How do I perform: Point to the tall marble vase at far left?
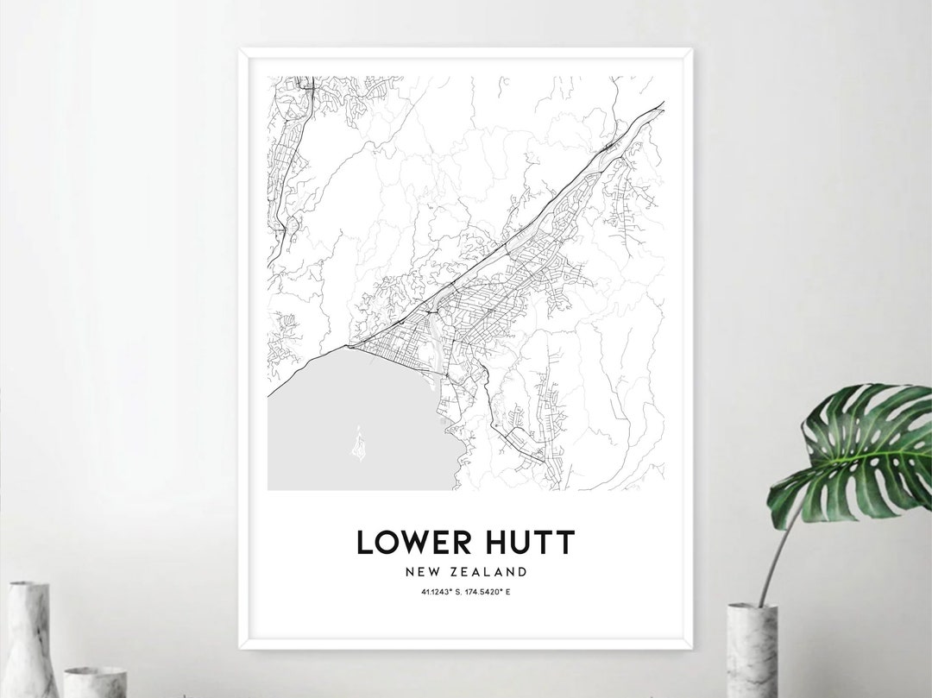pos(32,638)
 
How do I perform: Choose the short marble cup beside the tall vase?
pos(95,682)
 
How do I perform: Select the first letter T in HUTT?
pos(542,543)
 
